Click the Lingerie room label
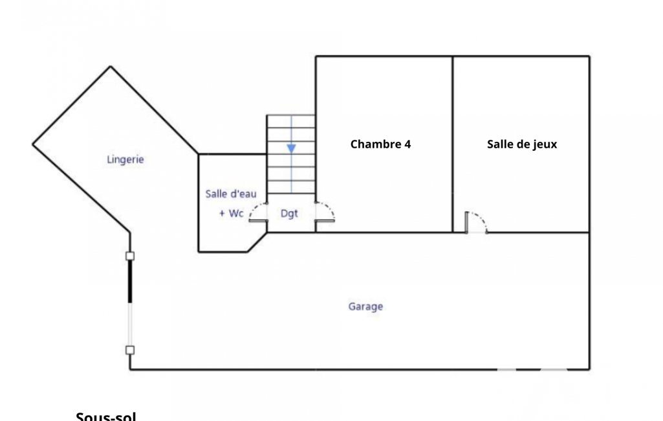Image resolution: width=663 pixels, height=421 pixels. point(125,159)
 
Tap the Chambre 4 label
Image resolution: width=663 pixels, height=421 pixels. point(380,144)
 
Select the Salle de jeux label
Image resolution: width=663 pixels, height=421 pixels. point(521,144)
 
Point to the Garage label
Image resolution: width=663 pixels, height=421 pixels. point(365,306)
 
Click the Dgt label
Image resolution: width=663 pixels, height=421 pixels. point(290,214)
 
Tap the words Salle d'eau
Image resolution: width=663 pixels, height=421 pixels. point(231,194)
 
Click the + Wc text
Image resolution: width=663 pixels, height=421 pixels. point(231,213)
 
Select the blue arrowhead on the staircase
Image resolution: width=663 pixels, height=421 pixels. point(291,148)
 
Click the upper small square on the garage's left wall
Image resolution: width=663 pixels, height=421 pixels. point(130,256)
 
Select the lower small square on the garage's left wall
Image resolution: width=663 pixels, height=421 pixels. point(130,350)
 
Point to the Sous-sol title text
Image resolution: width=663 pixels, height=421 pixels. point(106,416)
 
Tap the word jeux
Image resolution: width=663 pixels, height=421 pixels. point(544,144)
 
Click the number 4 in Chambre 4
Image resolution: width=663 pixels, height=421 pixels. point(408,144)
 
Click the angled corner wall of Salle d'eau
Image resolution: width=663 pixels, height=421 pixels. point(257,243)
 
